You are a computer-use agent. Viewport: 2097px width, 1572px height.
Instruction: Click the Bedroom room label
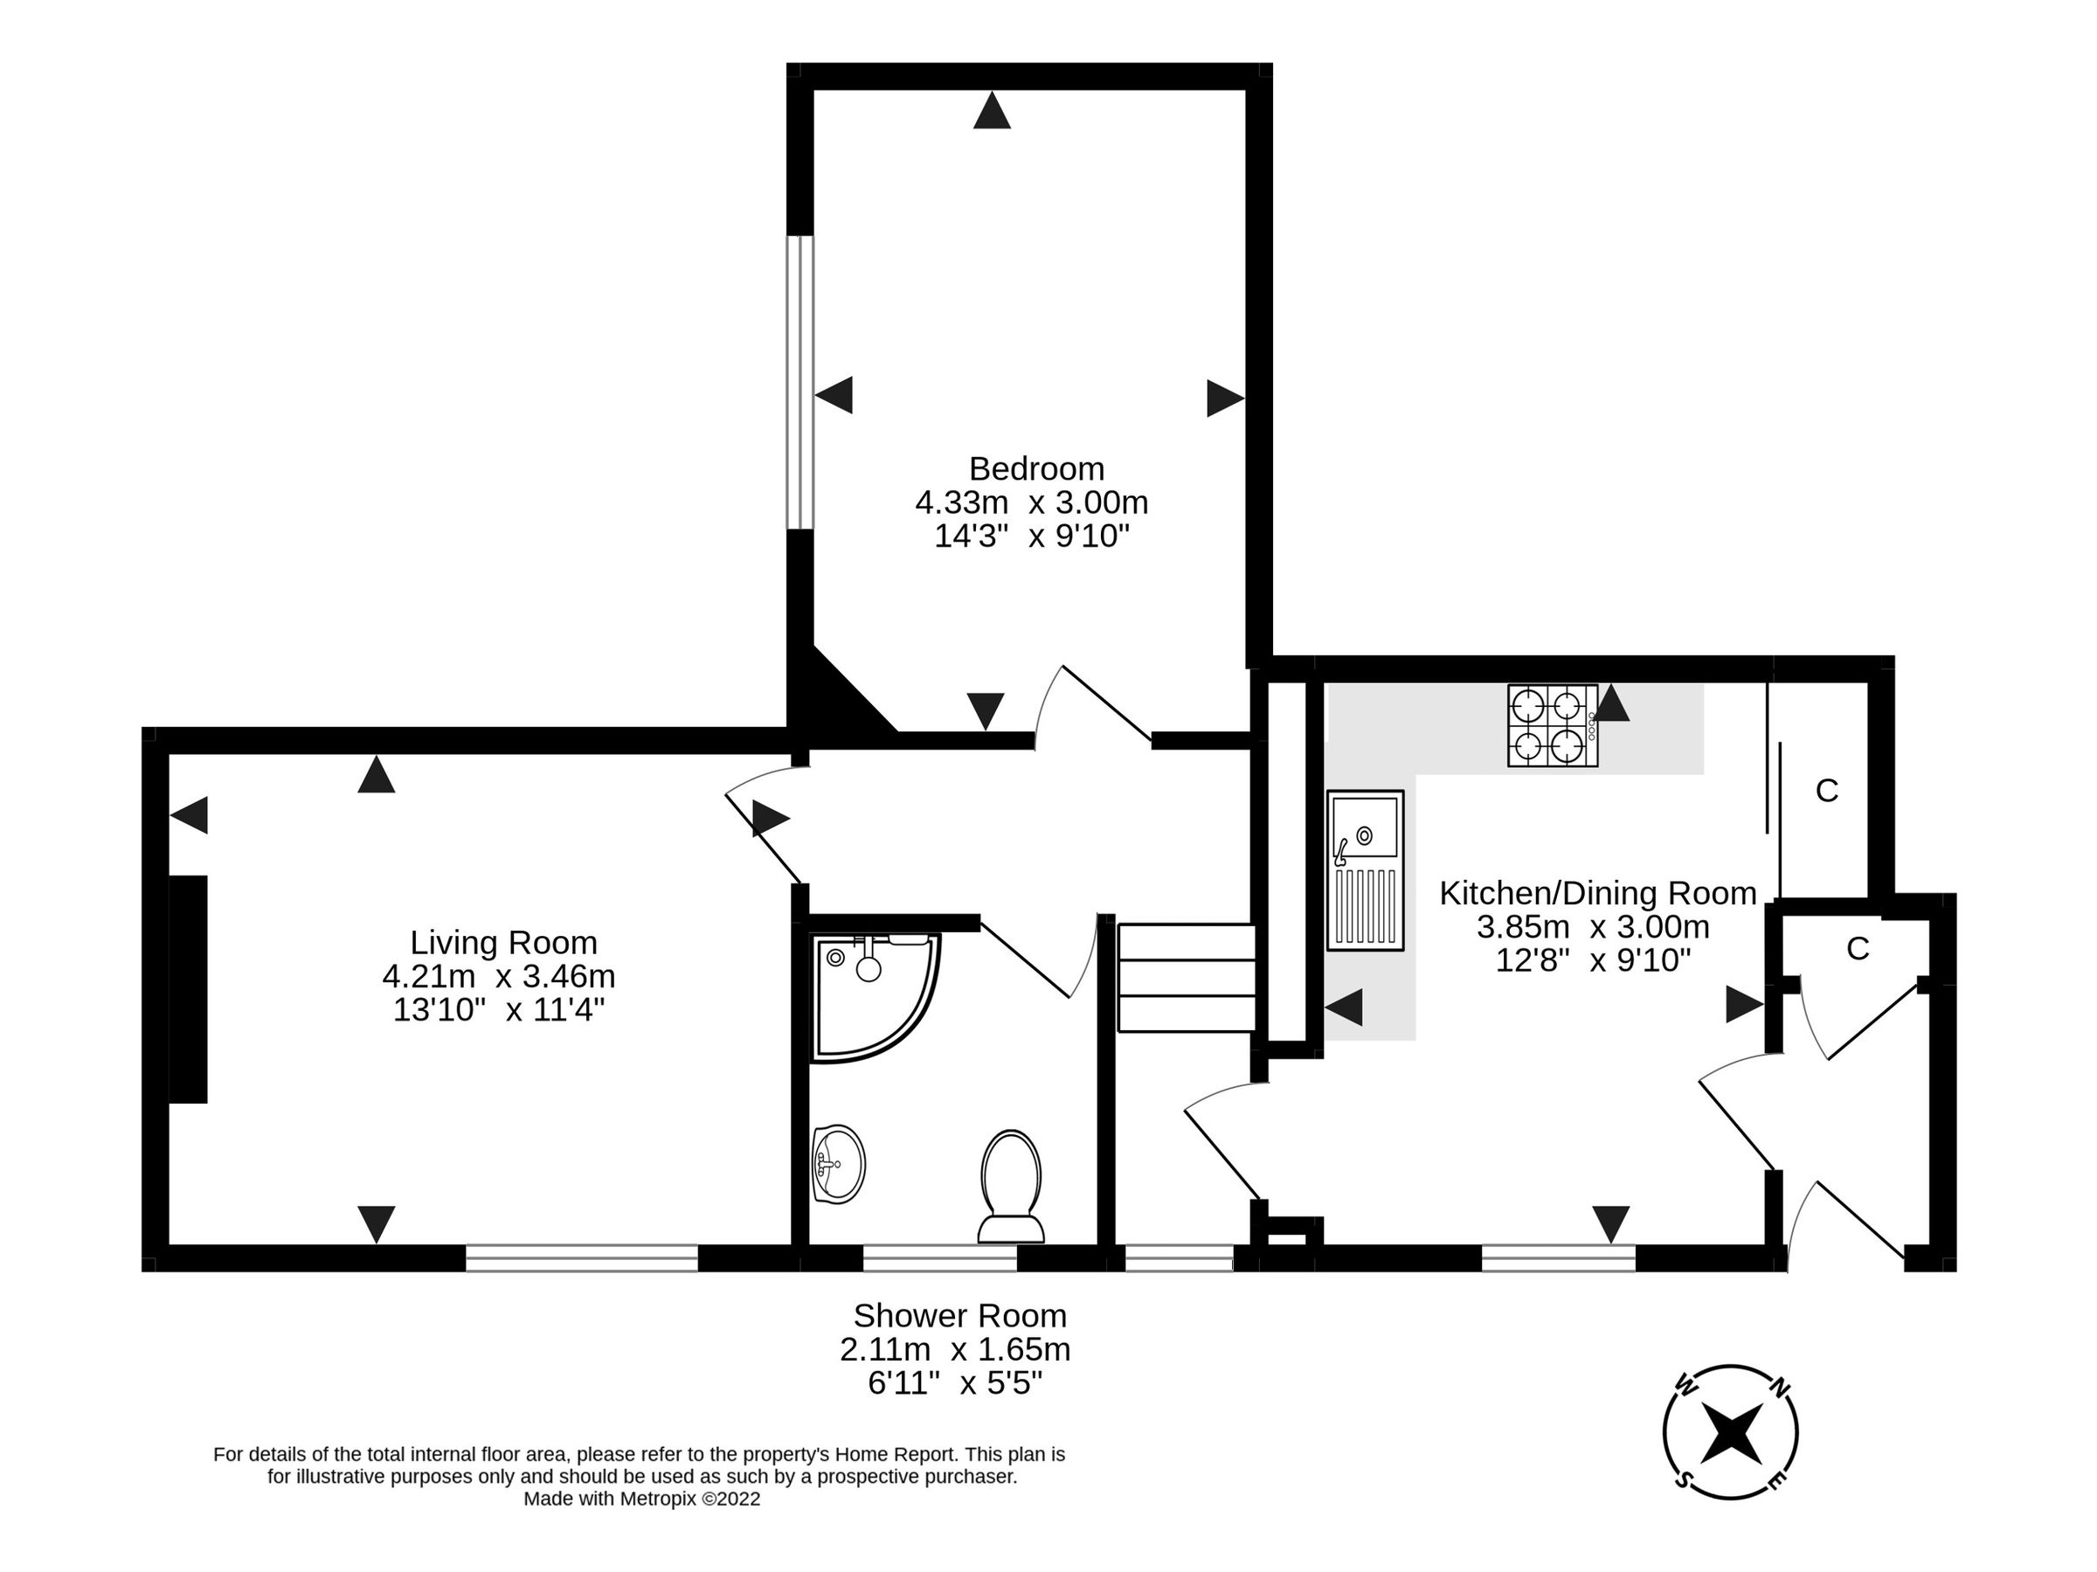pyautogui.click(x=1035, y=469)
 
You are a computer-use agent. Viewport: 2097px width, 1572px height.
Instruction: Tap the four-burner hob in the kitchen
pyautogui.click(x=1552, y=725)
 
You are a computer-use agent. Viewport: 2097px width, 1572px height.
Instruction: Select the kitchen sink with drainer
pyautogui.click(x=1364, y=870)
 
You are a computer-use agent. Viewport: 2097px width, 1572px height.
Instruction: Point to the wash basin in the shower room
pyautogui.click(x=838, y=1164)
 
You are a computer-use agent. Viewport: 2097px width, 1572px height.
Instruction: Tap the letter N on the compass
pyautogui.click(x=1780, y=1389)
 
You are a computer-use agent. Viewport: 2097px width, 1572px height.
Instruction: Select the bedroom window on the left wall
pyautogui.click(x=801, y=382)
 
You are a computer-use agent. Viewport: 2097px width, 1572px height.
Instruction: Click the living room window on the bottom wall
pyautogui.click(x=581, y=1258)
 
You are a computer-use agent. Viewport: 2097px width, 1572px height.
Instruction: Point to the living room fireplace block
pyautogui.click(x=188, y=989)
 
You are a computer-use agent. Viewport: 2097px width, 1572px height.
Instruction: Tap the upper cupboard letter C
pyautogui.click(x=1826, y=791)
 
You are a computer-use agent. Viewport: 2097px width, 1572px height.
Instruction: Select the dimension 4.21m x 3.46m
pyautogui.click(x=499, y=976)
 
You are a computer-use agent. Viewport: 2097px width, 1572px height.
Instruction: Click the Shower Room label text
pyautogui.click(x=959, y=1316)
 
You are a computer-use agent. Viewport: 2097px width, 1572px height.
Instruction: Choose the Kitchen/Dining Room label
pyautogui.click(x=1597, y=893)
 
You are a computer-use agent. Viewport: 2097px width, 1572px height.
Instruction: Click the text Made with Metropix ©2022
pyautogui.click(x=642, y=1499)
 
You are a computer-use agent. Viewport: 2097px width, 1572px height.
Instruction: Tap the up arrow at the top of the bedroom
pyautogui.click(x=992, y=110)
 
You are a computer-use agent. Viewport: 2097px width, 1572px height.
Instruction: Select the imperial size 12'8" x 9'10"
pyautogui.click(x=1593, y=960)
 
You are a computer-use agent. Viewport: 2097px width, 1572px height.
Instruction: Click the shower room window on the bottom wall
pyautogui.click(x=939, y=1258)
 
